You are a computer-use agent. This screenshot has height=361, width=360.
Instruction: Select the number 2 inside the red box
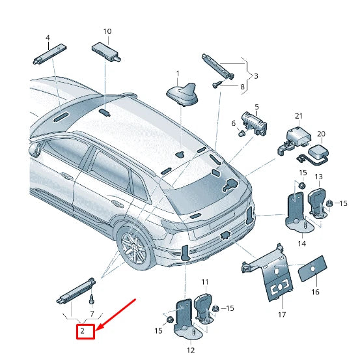pos(83,332)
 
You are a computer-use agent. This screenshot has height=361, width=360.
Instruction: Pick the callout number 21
pos(299,116)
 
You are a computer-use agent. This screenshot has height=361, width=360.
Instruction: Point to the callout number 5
pos(256,106)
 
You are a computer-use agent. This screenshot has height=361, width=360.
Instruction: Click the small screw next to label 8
pos(216,85)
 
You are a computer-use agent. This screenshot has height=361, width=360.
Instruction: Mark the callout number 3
pos(255,76)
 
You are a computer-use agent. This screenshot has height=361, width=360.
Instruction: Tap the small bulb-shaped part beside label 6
pos(241,134)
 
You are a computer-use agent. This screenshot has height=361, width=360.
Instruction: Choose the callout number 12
pos(191,351)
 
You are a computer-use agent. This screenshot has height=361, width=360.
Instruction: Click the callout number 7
pos(92,313)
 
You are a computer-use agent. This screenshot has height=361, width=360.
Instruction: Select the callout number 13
pos(318,177)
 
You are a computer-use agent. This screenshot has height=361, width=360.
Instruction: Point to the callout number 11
pos(204,282)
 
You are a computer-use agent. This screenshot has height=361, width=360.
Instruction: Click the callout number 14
pos(301,243)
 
